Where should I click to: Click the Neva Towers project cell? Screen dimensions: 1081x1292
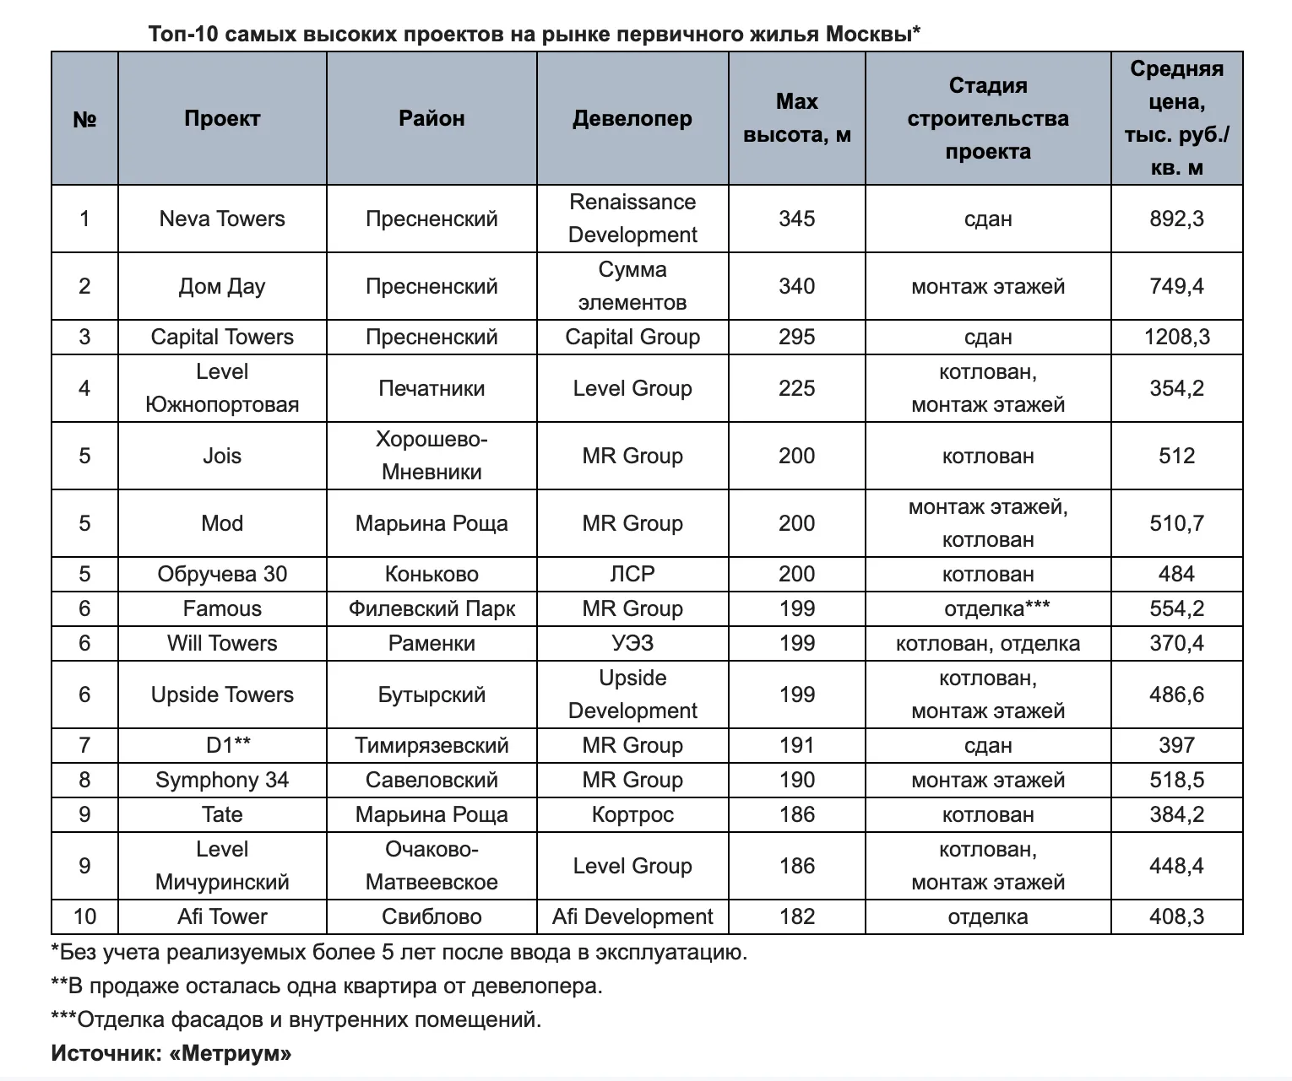click(222, 219)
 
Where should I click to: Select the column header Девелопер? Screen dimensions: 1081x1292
click(632, 119)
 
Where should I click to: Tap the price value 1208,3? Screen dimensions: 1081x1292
click(1176, 338)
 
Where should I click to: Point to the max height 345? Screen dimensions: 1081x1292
click(796, 219)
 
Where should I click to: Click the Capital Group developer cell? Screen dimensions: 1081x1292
click(632, 338)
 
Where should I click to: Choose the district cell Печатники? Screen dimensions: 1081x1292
click(432, 389)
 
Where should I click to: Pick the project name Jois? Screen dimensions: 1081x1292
click(222, 457)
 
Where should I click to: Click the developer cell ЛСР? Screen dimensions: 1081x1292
click(632, 575)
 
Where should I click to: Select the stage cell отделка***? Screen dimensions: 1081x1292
click(987, 609)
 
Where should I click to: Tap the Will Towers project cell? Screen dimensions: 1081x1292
click(222, 644)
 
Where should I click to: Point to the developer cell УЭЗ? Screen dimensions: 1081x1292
click(632, 644)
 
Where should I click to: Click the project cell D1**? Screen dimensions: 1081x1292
click(222, 746)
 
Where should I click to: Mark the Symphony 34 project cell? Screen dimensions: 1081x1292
click(222, 781)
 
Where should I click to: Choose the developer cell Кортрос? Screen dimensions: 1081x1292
click(632, 815)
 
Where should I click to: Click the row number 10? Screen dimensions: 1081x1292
click(84, 917)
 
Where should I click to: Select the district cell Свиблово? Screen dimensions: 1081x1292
click(432, 917)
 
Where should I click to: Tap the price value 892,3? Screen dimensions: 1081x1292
click(1176, 219)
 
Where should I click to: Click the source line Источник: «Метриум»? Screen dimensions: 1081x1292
click(171, 1054)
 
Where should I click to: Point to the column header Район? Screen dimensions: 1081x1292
click(432, 119)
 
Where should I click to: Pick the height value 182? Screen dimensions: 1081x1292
click(796, 917)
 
